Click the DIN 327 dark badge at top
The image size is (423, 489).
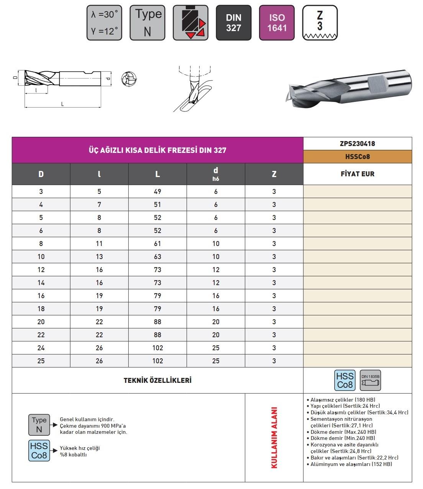[233, 23]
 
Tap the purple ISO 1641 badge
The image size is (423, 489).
[277, 23]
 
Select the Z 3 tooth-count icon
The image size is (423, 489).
[320, 23]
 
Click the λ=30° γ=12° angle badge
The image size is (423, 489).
[104, 23]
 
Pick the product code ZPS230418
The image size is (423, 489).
[357, 144]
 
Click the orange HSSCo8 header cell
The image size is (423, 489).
[357, 157]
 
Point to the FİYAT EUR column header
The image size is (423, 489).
[357, 174]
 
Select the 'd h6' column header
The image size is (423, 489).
[216, 174]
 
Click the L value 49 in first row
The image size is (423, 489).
[157, 192]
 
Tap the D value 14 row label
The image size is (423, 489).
[41, 283]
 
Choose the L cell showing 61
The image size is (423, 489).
[157, 244]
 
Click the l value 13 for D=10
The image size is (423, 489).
[99, 257]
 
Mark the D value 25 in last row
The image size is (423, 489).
[41, 361]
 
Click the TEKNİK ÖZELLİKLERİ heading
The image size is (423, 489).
[157, 381]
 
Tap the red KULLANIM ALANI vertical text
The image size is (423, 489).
[274, 438]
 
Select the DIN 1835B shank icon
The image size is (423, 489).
[371, 381]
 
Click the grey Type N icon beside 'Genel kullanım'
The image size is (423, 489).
[39, 425]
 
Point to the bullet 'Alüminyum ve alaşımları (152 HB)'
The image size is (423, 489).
[351, 464]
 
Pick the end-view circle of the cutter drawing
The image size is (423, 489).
[128, 79]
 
